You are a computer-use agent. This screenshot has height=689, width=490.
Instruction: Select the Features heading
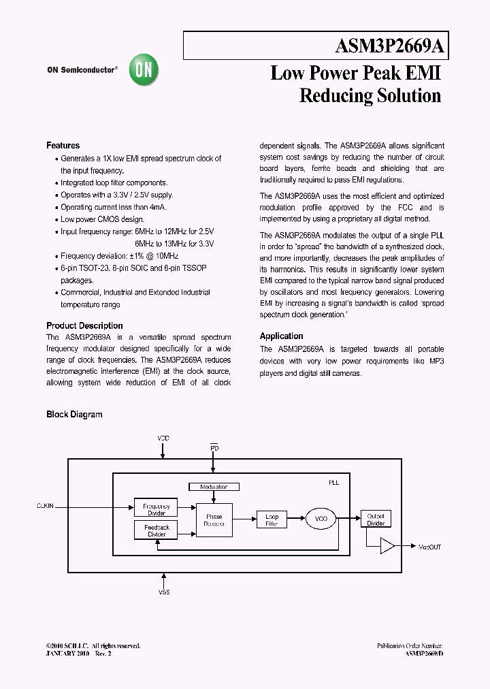coord(63,146)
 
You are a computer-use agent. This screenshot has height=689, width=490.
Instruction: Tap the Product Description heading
coord(84,325)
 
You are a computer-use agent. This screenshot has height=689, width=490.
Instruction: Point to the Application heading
coord(281,336)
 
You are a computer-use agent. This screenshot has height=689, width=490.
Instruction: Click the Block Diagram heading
coord(74,414)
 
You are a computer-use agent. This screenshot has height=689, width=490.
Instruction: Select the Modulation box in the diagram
coord(213,487)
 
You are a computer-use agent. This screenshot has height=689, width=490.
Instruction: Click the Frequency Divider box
coord(157,508)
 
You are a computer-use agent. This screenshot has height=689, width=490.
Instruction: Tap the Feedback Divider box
coord(157,530)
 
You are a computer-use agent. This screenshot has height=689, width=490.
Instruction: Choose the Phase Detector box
coord(214,521)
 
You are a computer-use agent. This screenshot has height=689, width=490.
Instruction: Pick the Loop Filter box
coord(272,520)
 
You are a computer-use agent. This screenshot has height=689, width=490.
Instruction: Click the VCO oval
coord(321,519)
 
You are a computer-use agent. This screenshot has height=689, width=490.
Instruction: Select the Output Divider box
coord(376,519)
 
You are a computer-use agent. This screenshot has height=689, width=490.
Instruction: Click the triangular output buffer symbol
coord(387,546)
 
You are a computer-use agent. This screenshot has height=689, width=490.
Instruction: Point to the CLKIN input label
coord(44,507)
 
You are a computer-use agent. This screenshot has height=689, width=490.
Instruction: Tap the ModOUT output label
coord(429,547)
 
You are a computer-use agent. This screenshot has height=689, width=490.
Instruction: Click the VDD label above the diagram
coord(163,438)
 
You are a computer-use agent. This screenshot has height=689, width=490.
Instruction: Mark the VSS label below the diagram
coord(164,593)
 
